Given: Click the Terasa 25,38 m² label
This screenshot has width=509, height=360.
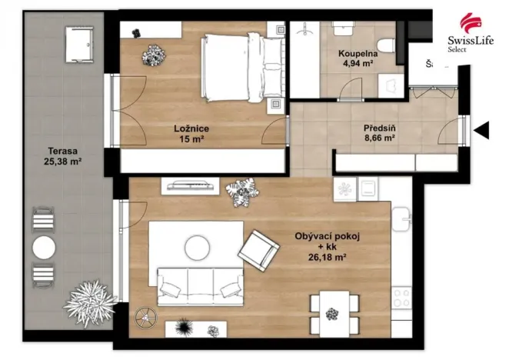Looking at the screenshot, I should (x=63, y=157).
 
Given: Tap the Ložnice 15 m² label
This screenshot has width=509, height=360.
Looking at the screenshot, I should (x=191, y=134).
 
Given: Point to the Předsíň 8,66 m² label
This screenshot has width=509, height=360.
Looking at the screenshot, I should (x=378, y=134).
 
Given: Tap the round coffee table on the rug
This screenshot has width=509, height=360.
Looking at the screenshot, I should (x=197, y=246).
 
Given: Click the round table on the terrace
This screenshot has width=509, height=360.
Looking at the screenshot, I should (x=44, y=248).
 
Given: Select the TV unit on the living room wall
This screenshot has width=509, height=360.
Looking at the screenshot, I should (x=189, y=186).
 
